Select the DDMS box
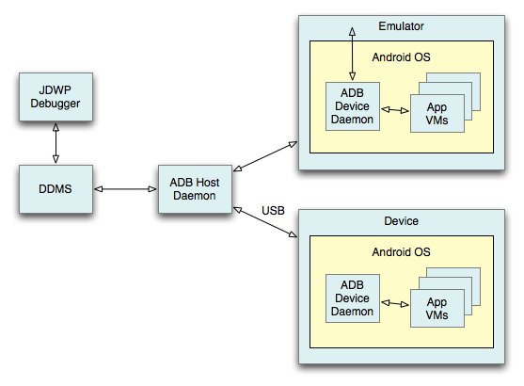[x=55, y=188]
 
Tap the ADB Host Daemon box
[x=195, y=188]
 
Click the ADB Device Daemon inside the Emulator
[x=352, y=105]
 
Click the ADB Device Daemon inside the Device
[x=352, y=298]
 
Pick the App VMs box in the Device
[x=437, y=309]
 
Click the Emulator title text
[x=403, y=25]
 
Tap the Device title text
[x=402, y=220]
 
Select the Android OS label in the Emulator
[x=401, y=56]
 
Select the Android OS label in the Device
[x=402, y=252]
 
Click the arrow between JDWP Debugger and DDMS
[x=55, y=143]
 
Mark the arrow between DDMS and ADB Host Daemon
[x=124, y=188]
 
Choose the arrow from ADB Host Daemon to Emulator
[x=265, y=156]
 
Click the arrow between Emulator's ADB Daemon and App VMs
[x=394, y=110]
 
